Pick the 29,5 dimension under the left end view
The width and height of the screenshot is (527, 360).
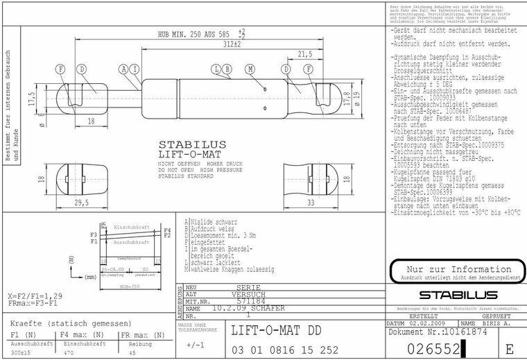[x=82, y=203]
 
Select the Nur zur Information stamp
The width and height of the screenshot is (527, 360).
[x=451, y=269]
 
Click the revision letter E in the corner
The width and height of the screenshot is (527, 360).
[x=510, y=348]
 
